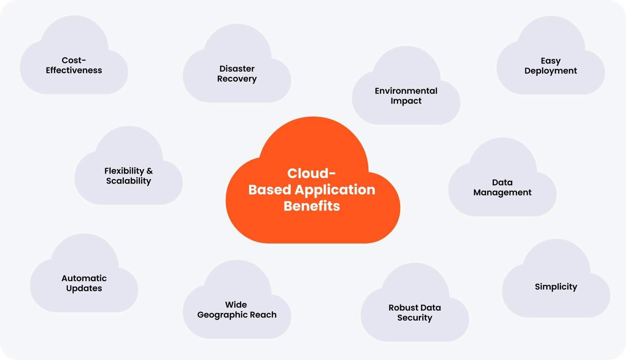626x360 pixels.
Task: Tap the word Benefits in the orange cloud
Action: coord(312,206)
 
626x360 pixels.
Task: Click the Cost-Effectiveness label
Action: coord(74,65)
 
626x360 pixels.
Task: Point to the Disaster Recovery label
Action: coord(237,74)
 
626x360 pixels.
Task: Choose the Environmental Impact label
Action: coord(406,96)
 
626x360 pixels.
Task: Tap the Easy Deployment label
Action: coord(551,66)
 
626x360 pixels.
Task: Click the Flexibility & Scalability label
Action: coord(128,176)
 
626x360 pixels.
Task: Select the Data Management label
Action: coord(502,187)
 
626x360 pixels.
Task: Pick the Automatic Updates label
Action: coord(84,283)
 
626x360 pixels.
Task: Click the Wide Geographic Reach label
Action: coord(237,310)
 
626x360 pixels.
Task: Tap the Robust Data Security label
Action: coord(415,312)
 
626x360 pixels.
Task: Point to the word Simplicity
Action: coord(556,287)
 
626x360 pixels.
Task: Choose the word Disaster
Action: coord(237,69)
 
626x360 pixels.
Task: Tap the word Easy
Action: coord(551,61)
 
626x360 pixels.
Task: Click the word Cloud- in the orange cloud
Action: coord(312,174)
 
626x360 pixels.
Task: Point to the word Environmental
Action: coord(406,91)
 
